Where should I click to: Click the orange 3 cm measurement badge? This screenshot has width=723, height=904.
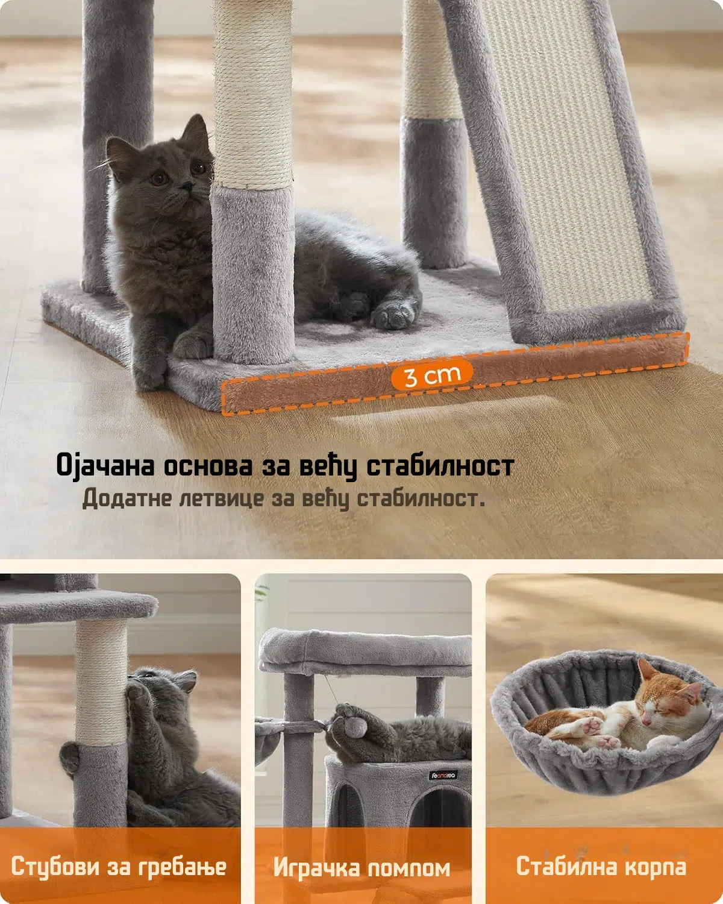coord(432,375)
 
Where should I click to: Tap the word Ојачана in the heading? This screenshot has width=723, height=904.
coord(105,466)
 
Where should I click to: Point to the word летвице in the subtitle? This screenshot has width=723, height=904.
coord(222,498)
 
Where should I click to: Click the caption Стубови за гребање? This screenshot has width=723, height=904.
coord(119,866)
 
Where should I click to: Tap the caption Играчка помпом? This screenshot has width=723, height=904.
coord(361,868)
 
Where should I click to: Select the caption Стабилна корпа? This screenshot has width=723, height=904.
coord(601,866)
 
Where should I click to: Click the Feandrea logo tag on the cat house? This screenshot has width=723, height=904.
coord(443,775)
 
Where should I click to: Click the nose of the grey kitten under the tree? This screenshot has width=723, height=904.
coord(186,184)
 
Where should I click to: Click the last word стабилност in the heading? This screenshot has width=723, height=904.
coord(440,466)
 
